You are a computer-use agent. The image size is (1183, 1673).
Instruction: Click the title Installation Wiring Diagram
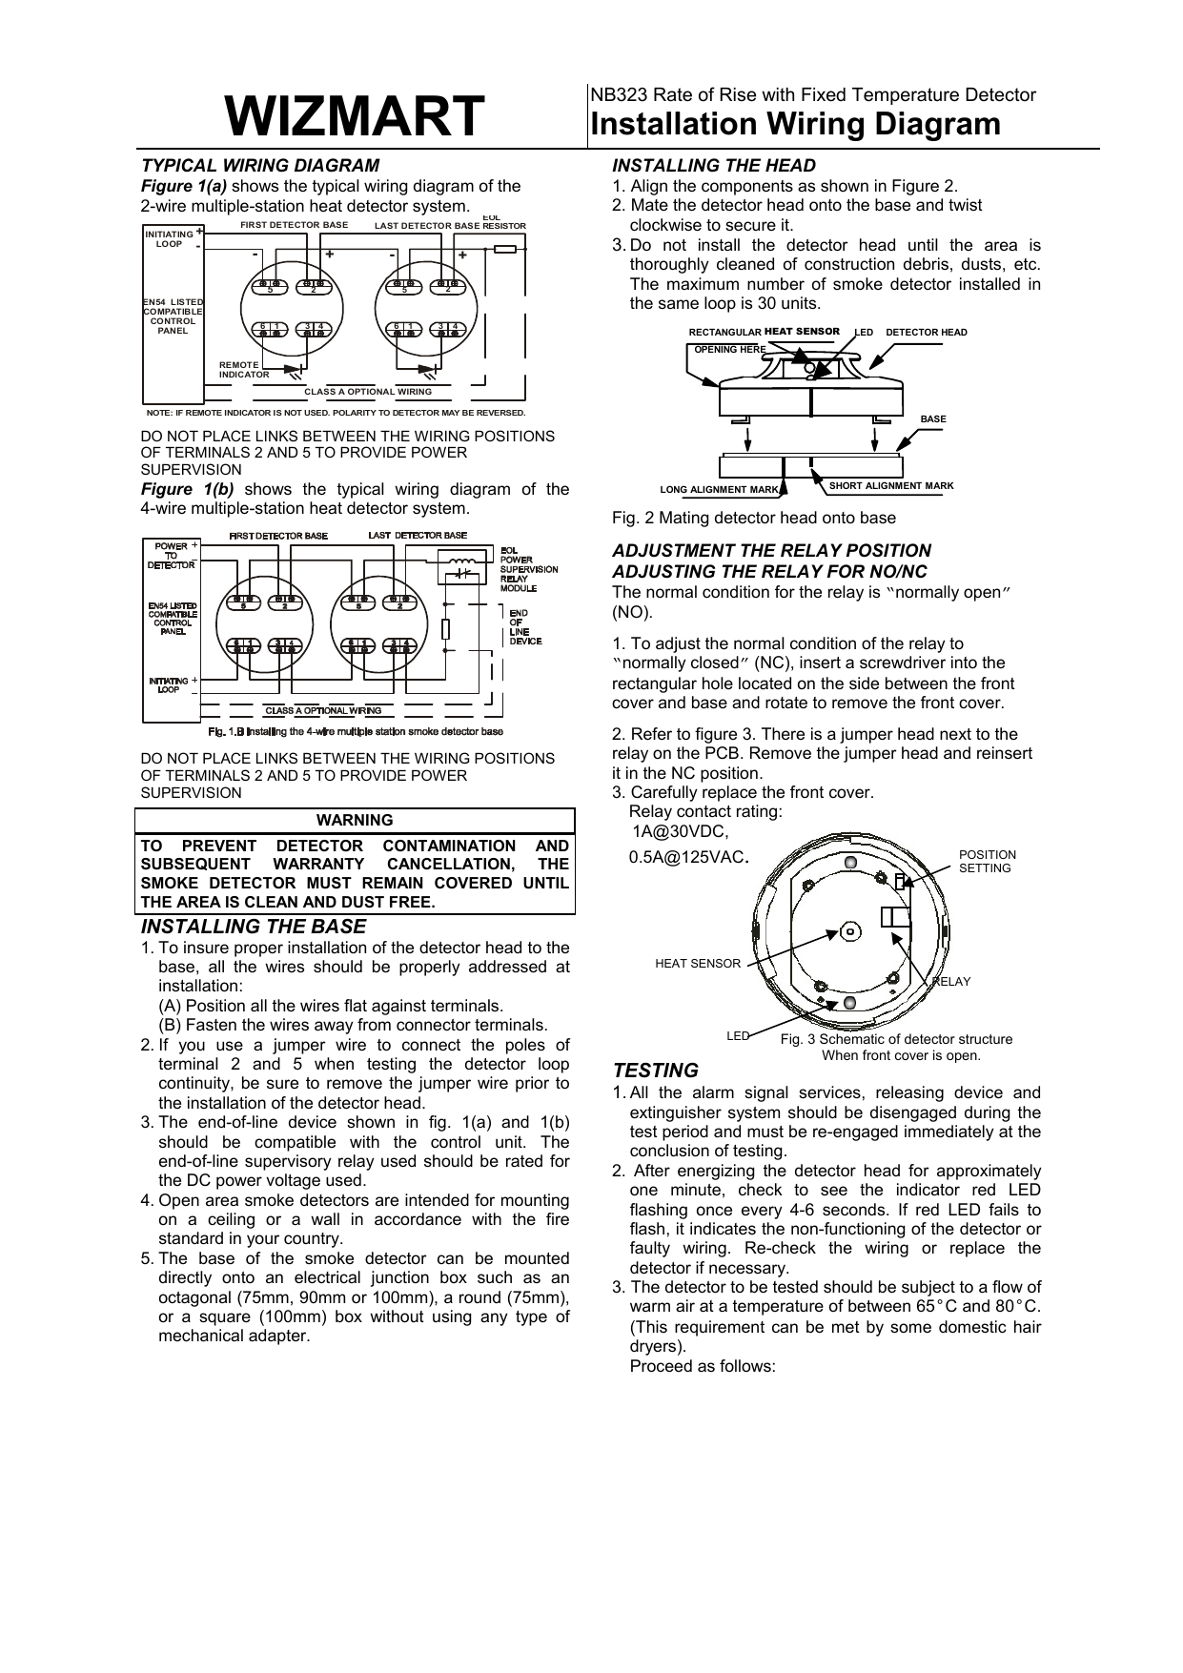coord(796,125)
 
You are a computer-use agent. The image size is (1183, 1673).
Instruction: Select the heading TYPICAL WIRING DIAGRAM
coord(260,165)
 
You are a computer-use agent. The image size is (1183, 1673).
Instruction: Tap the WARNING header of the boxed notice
coord(355,820)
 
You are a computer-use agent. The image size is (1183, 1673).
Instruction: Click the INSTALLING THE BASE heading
coord(254,927)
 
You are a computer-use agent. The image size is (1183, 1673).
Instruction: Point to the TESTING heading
coord(655,1071)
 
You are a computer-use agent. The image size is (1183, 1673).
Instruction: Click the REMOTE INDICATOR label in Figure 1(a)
coord(244,370)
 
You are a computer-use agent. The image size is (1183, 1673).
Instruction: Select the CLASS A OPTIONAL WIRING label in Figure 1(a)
coord(368,392)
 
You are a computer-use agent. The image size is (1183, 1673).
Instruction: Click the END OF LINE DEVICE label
coord(525,626)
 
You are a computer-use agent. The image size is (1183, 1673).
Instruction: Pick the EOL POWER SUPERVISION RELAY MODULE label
coord(529,569)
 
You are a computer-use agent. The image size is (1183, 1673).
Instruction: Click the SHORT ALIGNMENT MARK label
coord(891,486)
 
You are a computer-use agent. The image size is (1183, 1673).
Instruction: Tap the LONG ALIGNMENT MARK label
coord(720,490)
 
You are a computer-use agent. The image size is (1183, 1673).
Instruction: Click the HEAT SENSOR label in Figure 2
coord(802,332)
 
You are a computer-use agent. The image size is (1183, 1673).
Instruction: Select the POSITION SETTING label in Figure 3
coord(987,861)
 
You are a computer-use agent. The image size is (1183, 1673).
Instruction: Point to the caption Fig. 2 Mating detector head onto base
coord(753,518)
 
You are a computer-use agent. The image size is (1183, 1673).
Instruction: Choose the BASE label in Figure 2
coord(932,419)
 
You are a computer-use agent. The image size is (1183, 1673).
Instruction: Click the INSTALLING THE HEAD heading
coord(713,165)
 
